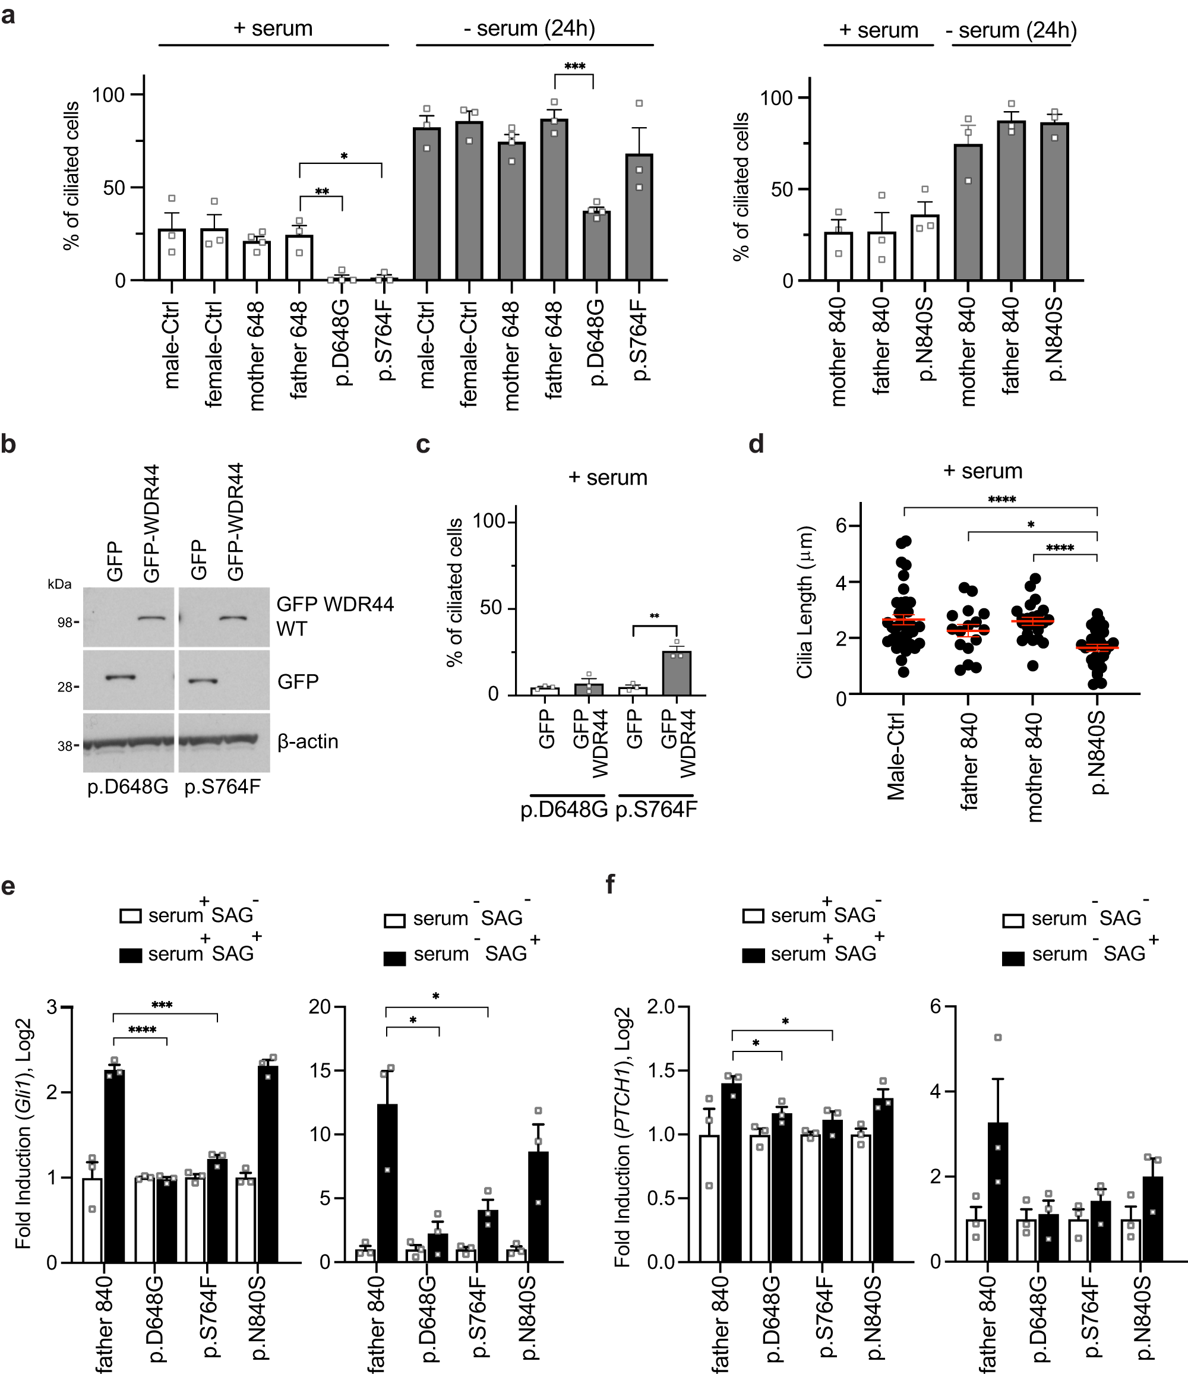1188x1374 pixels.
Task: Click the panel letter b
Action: (9, 444)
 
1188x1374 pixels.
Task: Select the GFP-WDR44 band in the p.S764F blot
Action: (233, 618)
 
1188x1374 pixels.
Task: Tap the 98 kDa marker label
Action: (64, 623)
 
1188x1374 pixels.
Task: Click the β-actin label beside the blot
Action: (308, 741)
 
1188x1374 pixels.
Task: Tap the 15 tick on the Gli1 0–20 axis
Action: (320, 1070)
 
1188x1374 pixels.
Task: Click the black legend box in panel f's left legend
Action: (754, 955)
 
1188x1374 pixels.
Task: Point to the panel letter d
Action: (756, 444)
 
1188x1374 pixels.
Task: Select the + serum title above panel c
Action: (607, 478)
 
